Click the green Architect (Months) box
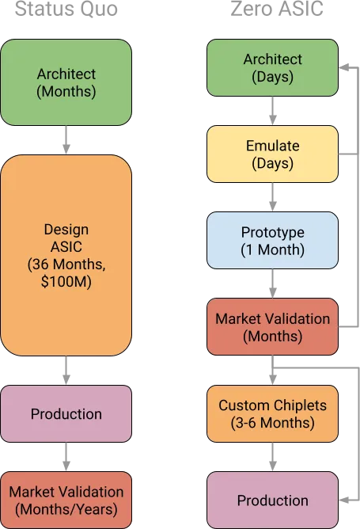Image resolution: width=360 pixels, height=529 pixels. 66,82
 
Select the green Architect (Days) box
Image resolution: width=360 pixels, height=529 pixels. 272,69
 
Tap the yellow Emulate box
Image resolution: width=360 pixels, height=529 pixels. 272,155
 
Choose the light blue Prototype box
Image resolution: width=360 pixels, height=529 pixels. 272,242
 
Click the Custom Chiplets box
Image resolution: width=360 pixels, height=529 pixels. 272,414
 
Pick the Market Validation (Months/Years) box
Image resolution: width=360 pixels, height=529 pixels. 66,500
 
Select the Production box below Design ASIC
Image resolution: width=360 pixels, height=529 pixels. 66,414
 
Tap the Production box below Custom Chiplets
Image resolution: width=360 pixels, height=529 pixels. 272,500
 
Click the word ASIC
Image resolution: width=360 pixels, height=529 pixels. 66,246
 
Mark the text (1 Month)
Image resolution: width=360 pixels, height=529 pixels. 272,250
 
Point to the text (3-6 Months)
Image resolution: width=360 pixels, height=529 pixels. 272,424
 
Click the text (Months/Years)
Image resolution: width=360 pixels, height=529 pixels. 66,509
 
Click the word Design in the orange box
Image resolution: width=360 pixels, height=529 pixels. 66,229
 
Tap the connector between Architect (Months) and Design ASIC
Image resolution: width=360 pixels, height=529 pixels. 66,140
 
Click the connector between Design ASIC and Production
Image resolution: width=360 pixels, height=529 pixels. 66,371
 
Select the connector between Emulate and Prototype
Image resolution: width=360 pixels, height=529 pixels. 272,198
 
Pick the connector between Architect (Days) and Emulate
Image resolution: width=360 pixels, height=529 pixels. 272,112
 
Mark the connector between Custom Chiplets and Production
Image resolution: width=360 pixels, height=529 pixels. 272,457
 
